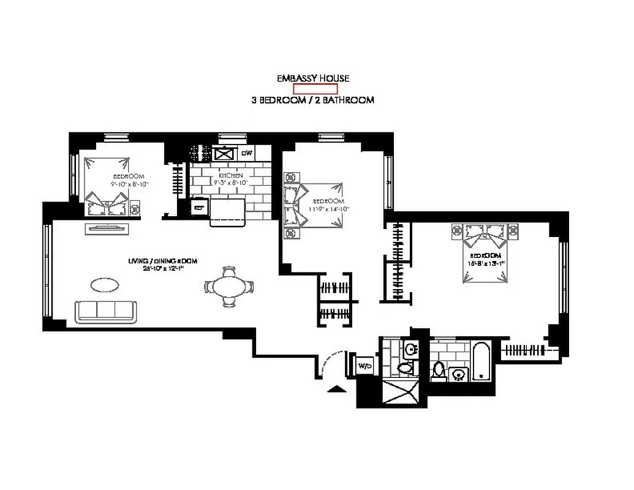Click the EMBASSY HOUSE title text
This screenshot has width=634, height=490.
click(312, 78)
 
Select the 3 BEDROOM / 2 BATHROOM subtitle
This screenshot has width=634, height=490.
click(312, 100)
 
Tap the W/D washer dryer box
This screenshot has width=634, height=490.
click(364, 366)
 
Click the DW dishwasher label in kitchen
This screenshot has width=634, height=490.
click(246, 153)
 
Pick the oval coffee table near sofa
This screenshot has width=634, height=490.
click(105, 285)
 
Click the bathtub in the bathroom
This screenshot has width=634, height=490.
click(481, 362)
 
